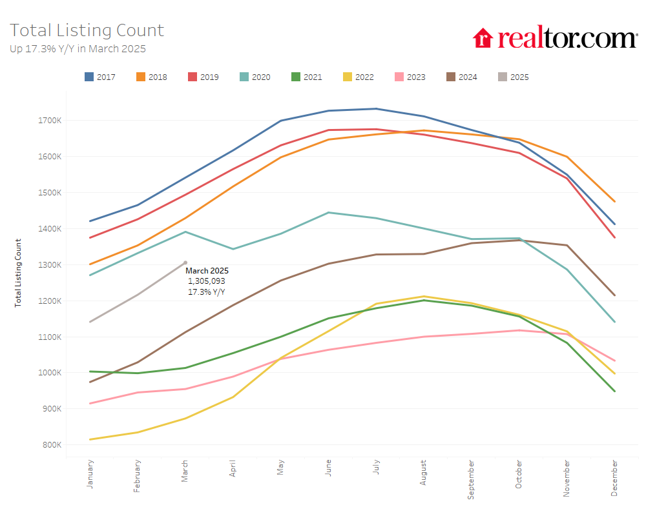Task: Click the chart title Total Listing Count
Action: [x=87, y=30]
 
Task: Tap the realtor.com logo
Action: [x=555, y=38]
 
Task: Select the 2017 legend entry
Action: [x=100, y=77]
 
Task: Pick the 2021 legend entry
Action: [x=307, y=77]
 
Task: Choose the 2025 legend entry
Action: [x=514, y=77]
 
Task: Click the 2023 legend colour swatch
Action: [x=399, y=77]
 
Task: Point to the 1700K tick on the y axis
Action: [x=49, y=121]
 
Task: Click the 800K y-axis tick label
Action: [x=51, y=445]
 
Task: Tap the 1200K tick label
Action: [x=49, y=301]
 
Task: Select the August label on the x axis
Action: [x=423, y=475]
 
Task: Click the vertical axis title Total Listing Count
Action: [x=18, y=272]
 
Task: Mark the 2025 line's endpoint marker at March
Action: [x=185, y=263]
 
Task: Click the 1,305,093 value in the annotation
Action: [x=207, y=281]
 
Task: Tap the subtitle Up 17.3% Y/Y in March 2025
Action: [x=78, y=48]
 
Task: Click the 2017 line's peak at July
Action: [x=376, y=109]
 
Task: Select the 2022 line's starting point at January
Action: [x=90, y=439]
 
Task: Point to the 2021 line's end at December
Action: [x=614, y=391]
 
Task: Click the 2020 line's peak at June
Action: [x=328, y=212]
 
